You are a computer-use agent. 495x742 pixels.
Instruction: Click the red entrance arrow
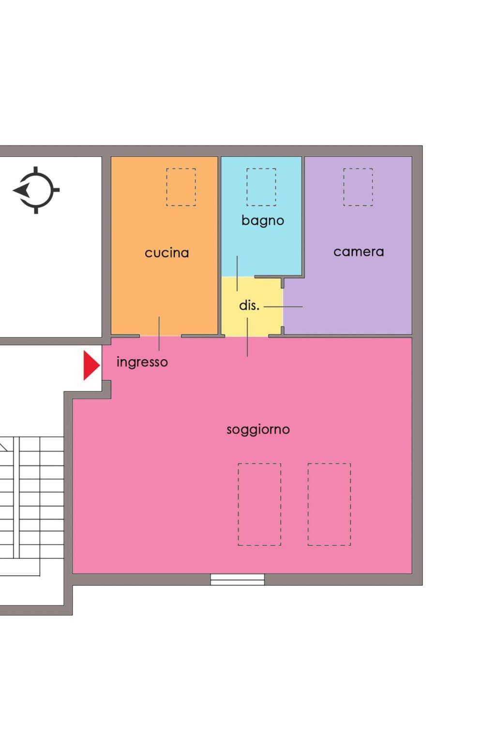91,365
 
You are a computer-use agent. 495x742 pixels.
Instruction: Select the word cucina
167,253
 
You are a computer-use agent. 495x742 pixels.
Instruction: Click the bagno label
263,221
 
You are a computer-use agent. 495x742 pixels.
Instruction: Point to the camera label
359,252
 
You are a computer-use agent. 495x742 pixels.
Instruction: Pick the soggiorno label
258,430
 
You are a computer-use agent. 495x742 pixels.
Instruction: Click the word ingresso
142,363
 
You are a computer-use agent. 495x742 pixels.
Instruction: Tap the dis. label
249,305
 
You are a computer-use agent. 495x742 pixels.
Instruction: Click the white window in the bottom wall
238,580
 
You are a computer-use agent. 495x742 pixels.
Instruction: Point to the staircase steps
32,506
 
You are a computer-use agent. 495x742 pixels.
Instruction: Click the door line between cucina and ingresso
159,334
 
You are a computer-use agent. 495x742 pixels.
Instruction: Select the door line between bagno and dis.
237,274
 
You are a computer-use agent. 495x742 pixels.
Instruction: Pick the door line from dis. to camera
283,307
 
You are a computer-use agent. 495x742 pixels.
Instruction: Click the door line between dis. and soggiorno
247,337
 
